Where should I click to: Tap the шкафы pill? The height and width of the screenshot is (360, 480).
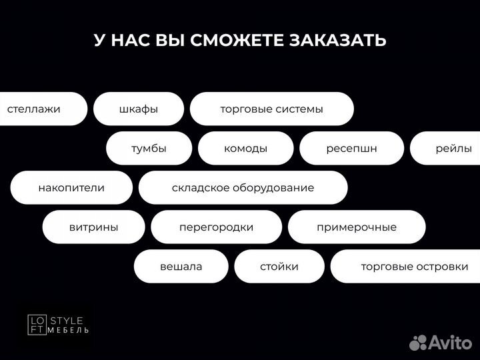[138, 109]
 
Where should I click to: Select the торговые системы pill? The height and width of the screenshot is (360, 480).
[271, 109]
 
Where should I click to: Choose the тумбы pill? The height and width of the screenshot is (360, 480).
[149, 148]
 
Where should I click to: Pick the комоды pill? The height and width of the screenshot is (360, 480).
[245, 148]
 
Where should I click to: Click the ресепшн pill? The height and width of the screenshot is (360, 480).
[351, 148]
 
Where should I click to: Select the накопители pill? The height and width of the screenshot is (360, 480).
[71, 187]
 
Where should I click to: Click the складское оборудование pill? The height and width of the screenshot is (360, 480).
[243, 187]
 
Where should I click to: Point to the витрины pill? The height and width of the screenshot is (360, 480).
[93, 227]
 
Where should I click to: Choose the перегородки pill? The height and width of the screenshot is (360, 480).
[216, 227]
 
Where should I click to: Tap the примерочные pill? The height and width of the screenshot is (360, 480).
[356, 227]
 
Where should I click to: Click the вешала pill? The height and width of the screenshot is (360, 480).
[181, 266]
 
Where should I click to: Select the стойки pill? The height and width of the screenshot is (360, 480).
[279, 266]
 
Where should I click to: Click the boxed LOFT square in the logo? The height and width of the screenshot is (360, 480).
[37, 324]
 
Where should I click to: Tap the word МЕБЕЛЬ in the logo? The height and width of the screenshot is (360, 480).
[69, 330]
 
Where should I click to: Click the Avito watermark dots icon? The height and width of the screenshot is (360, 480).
[418, 343]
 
